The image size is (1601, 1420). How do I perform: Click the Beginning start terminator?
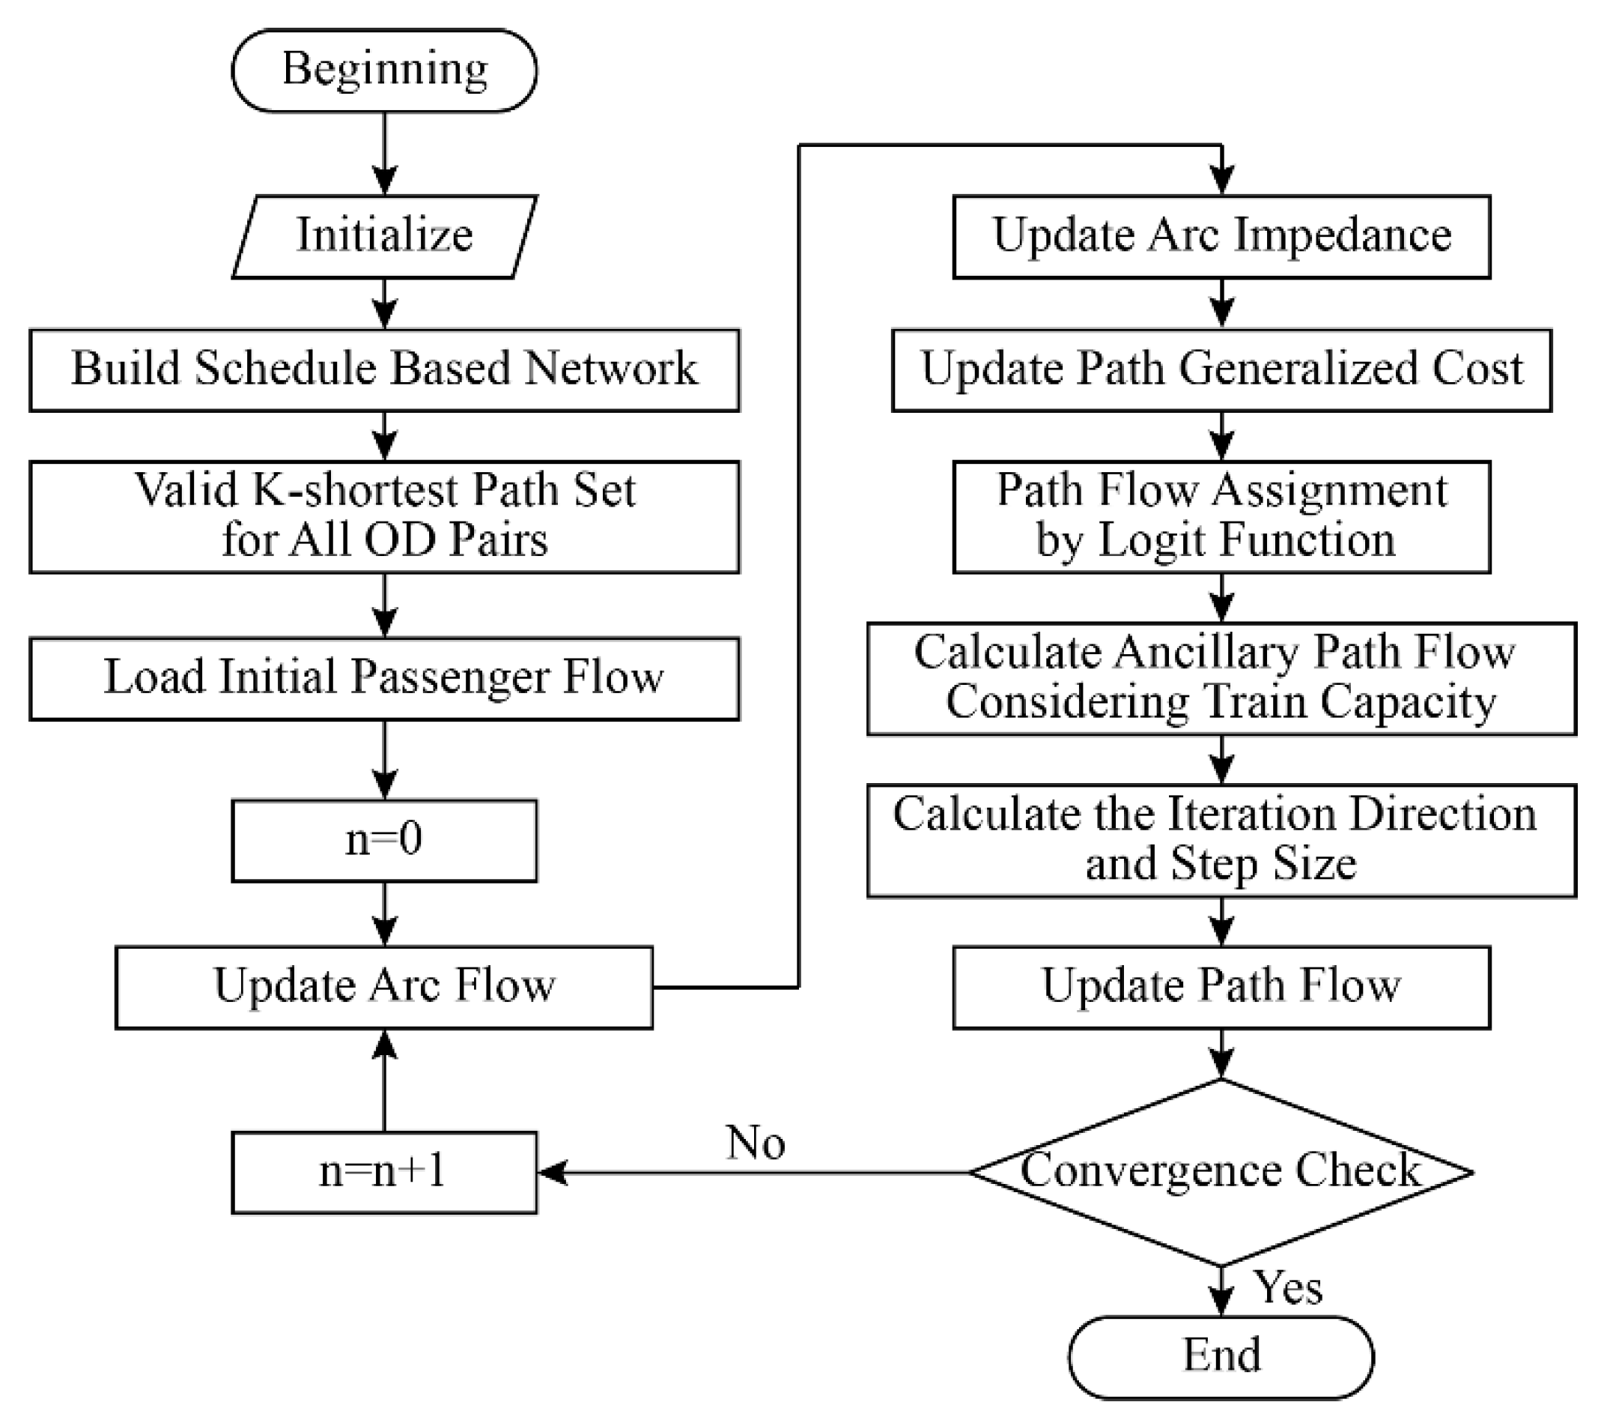pyautogui.click(x=384, y=70)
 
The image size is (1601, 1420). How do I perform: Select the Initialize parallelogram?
pyautogui.click(x=384, y=235)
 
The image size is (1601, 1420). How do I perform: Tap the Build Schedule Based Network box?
pyautogui.click(x=384, y=369)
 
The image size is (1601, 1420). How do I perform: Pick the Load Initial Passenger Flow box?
pyautogui.click(x=384, y=678)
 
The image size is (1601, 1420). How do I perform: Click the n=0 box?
pyautogui.click(x=384, y=840)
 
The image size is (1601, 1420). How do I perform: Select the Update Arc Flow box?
pyautogui.click(x=384, y=987)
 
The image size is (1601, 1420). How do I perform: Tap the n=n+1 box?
pyautogui.click(x=384, y=1173)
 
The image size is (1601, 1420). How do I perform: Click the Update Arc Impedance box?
pyautogui.click(x=1221, y=236)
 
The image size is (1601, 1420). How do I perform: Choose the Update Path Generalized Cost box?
pyautogui.click(x=1221, y=369)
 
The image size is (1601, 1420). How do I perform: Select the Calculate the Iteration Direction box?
pyautogui.click(x=1221, y=839)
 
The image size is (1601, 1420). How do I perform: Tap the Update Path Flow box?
pyautogui.click(x=1221, y=987)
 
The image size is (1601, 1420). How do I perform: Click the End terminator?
pyautogui.click(x=1221, y=1356)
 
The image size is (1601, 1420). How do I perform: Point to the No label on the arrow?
pyautogui.click(x=755, y=1143)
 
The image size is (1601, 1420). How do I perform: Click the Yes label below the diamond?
pyautogui.click(x=1289, y=1287)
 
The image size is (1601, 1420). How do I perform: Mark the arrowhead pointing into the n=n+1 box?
pyautogui.click(x=553, y=1173)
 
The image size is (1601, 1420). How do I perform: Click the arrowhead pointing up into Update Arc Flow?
pyautogui.click(x=384, y=1044)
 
